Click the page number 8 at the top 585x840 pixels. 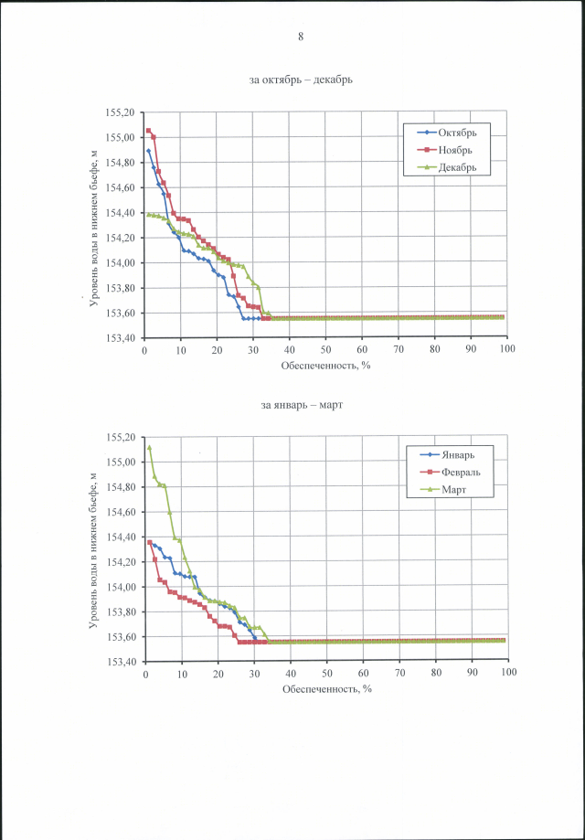click(x=300, y=37)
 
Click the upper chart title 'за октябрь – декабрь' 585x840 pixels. click(x=301, y=80)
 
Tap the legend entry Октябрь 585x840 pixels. click(x=457, y=133)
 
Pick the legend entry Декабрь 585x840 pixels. click(x=458, y=167)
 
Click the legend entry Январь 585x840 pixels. click(x=454, y=455)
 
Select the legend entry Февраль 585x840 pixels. click(x=458, y=473)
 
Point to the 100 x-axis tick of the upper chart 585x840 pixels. click(x=507, y=348)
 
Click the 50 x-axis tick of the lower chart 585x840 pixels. click(x=326, y=672)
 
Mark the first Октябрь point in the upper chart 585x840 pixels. click(x=148, y=151)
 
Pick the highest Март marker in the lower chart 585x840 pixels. click(x=149, y=448)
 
